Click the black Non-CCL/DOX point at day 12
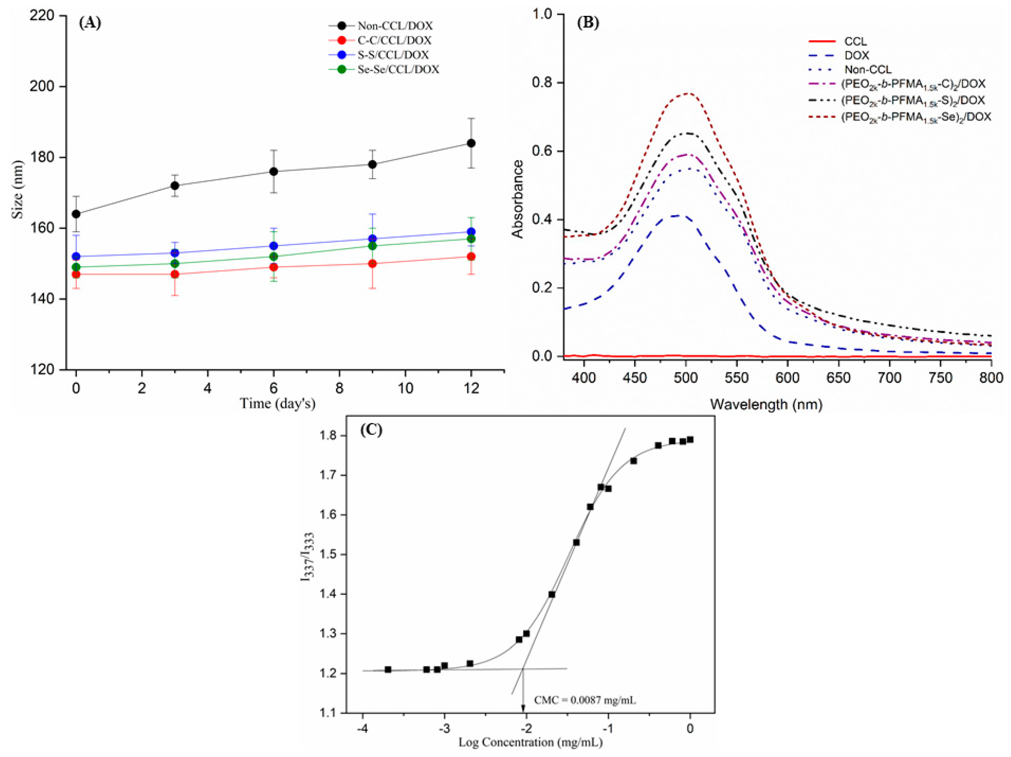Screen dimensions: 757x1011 click(471, 143)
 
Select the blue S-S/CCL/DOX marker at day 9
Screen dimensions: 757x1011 click(373, 239)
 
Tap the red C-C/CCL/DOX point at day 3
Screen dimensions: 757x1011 click(175, 274)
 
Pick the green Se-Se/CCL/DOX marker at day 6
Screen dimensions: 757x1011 click(274, 256)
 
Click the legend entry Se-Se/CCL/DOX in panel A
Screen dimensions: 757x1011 click(398, 70)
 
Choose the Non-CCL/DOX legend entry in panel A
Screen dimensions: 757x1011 click(395, 26)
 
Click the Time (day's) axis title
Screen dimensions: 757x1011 click(278, 404)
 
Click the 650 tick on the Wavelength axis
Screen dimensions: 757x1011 click(839, 378)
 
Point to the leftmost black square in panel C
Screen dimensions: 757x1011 click(388, 670)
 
